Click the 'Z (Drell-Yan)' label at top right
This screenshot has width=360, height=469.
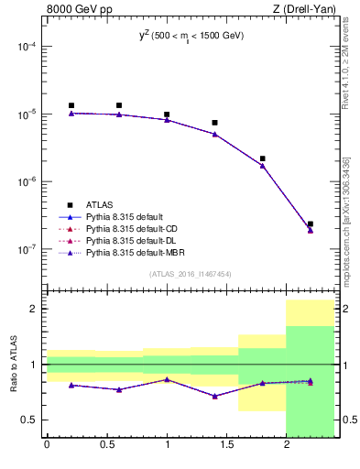(304, 10)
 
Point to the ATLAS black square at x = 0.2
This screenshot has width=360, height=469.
(71, 105)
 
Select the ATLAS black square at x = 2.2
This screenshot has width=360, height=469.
(311, 224)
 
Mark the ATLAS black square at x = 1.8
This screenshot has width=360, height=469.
(263, 158)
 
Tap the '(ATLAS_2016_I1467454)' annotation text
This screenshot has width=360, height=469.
(191, 273)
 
